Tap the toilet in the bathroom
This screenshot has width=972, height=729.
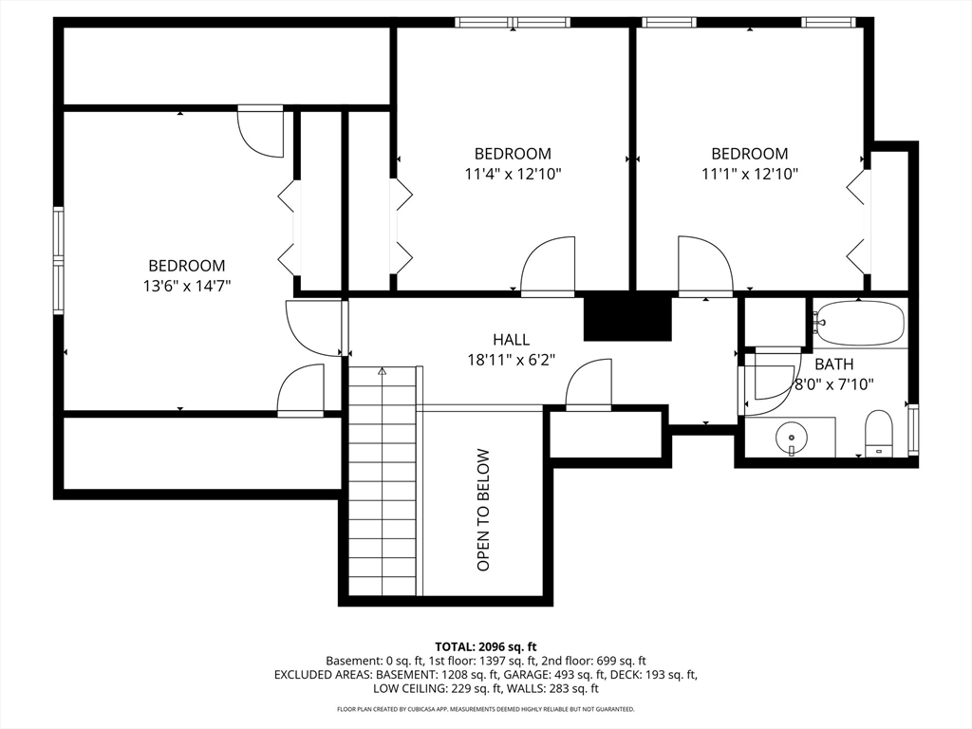(878, 432)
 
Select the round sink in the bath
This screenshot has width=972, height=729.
(792, 438)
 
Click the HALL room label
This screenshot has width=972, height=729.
(512, 340)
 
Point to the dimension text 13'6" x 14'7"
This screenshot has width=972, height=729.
(187, 286)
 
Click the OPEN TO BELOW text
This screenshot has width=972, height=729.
(483, 510)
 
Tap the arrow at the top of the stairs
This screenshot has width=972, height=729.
(383, 372)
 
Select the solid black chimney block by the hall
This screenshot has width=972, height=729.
(628, 317)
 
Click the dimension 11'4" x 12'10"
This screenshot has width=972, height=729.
(514, 175)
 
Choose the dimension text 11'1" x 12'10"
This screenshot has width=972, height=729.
(750, 175)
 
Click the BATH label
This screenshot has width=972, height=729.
(833, 364)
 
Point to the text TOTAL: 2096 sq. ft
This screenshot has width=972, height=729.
(485, 647)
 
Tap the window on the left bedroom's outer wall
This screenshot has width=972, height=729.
(58, 260)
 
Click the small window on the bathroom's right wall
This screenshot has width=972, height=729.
(913, 429)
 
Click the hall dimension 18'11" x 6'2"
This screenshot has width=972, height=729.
(512, 360)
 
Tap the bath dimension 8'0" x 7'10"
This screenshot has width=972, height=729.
(834, 385)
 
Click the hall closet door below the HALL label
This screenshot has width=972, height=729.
(589, 384)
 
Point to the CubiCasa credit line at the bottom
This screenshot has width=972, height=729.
(485, 708)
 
